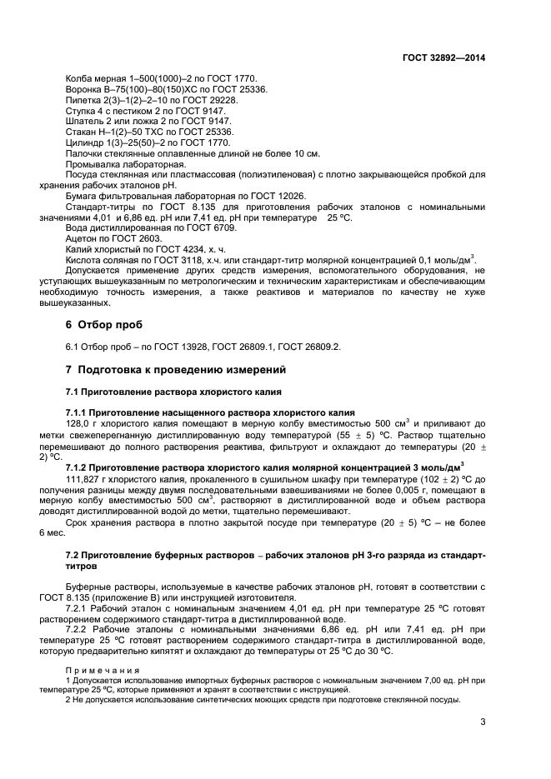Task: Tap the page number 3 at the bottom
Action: pos(482,722)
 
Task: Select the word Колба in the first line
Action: pos(80,79)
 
